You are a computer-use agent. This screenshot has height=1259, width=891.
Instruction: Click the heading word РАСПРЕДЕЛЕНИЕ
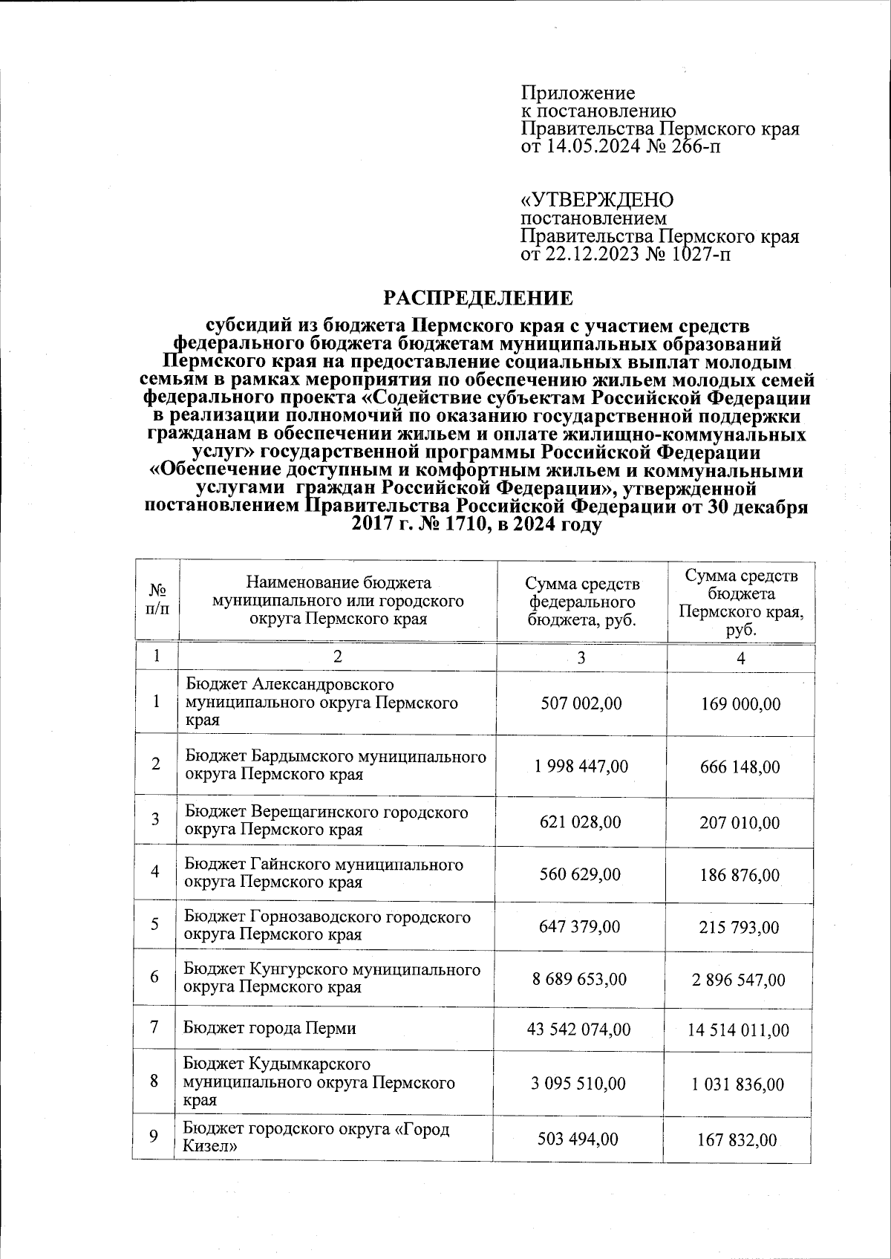pyautogui.click(x=478, y=299)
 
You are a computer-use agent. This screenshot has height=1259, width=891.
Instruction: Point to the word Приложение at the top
pyautogui.click(x=578, y=94)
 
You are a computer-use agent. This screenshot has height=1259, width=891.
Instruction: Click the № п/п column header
pyautogui.click(x=157, y=599)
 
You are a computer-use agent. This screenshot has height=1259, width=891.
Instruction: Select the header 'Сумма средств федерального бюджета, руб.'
pyautogui.click(x=581, y=601)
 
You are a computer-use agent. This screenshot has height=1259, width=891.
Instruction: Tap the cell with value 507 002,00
pyautogui.click(x=581, y=703)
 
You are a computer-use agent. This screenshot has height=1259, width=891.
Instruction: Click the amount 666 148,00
pyautogui.click(x=740, y=767)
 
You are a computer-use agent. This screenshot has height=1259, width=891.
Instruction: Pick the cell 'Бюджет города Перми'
pyautogui.click(x=270, y=1028)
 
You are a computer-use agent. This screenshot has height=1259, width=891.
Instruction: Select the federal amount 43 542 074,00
pyautogui.click(x=581, y=1029)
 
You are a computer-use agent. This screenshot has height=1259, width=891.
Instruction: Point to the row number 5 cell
pyautogui.click(x=155, y=924)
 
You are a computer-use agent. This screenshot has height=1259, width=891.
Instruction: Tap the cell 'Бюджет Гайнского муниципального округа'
pyautogui.click(x=324, y=873)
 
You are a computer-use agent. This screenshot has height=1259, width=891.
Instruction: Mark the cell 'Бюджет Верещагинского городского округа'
pyautogui.click(x=326, y=820)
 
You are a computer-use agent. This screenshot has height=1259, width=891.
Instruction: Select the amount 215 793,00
pyautogui.click(x=740, y=927)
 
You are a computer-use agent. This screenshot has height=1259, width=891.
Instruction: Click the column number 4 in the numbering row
pyautogui.click(x=740, y=658)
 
